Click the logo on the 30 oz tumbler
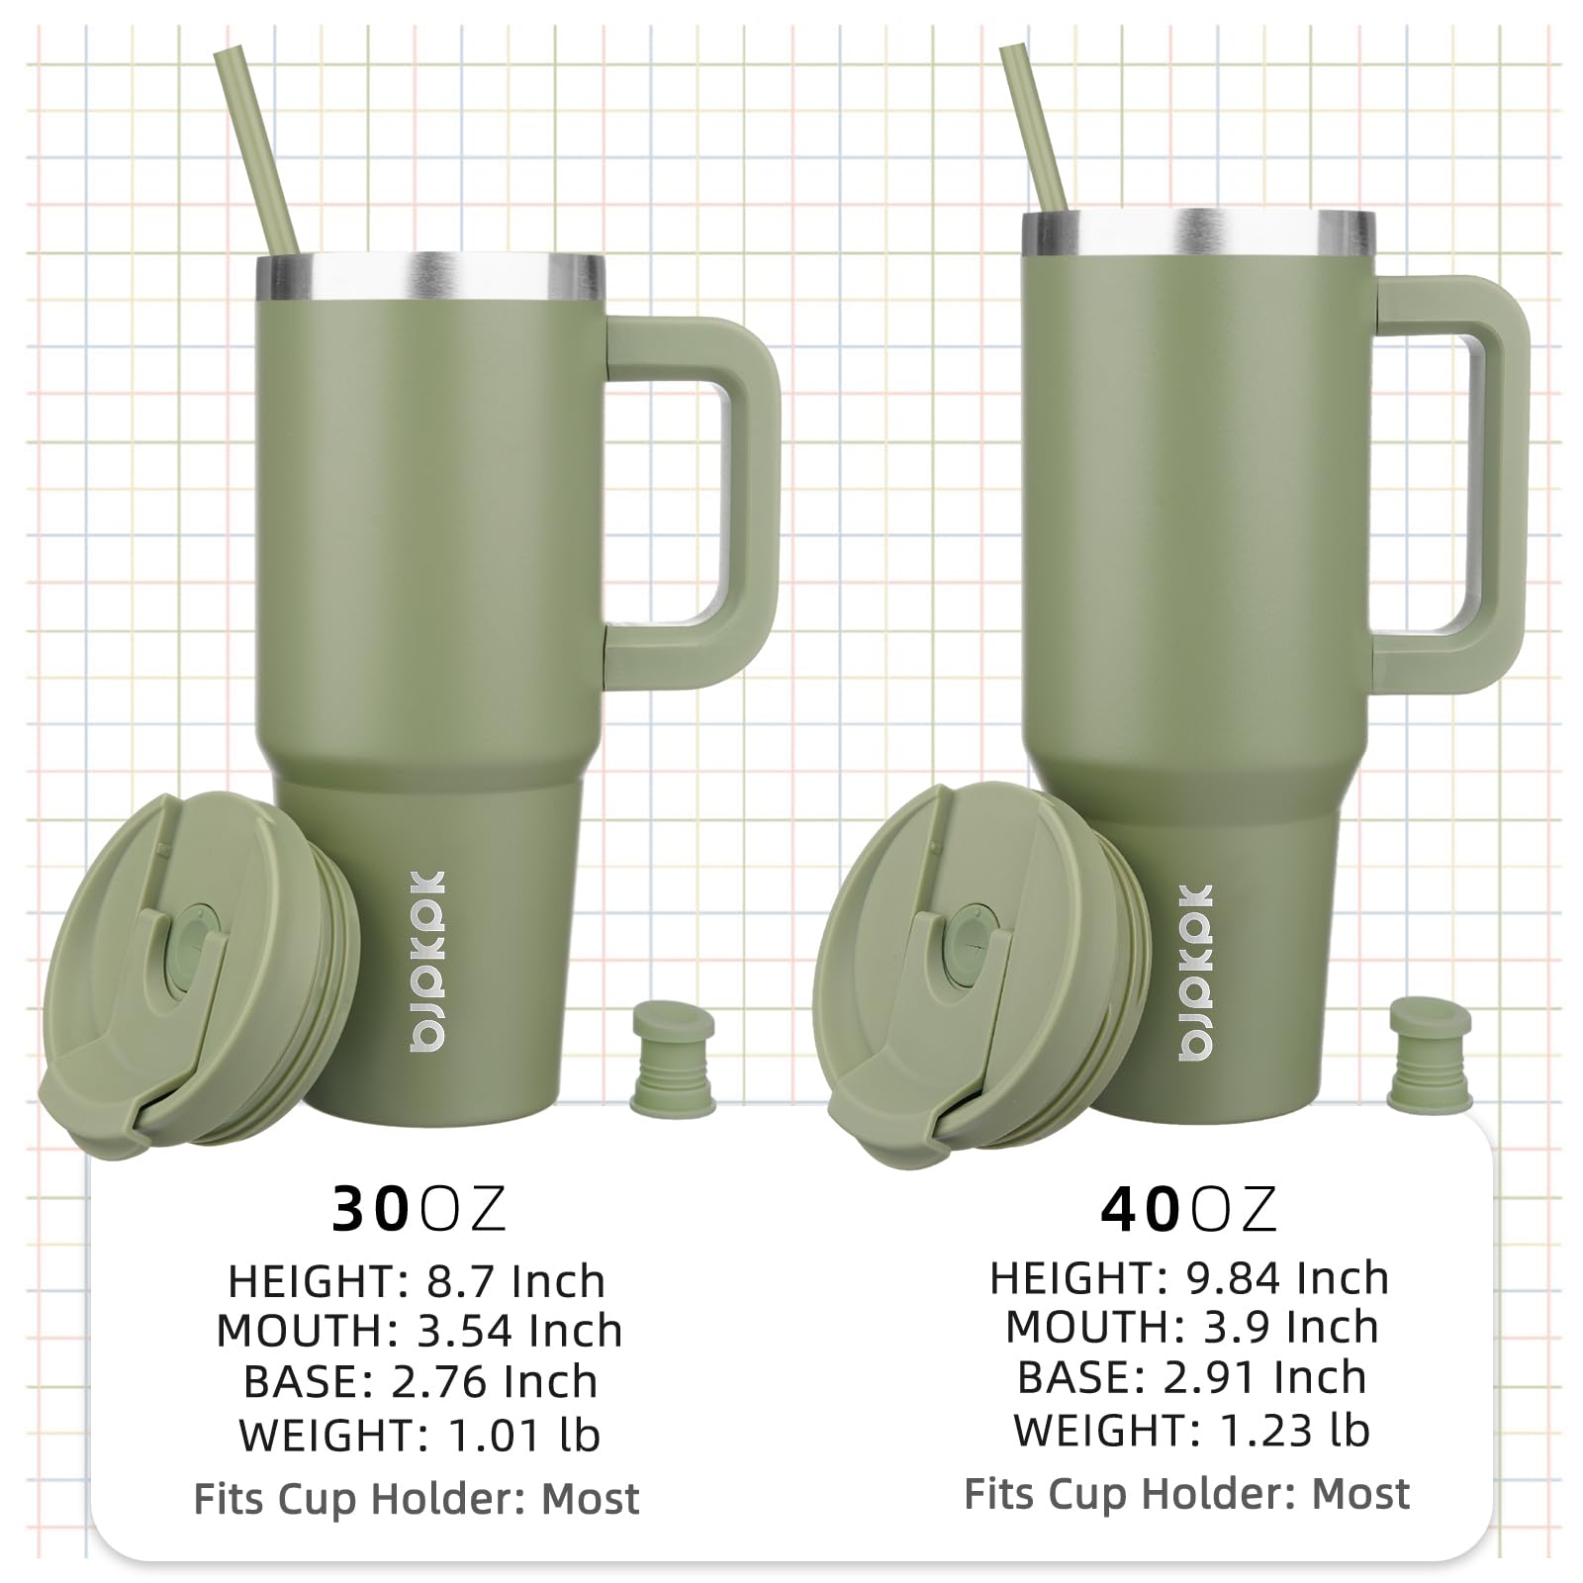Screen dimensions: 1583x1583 pyautogui.click(x=426, y=961)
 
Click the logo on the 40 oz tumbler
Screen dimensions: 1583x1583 pyautogui.click(x=1195, y=973)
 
